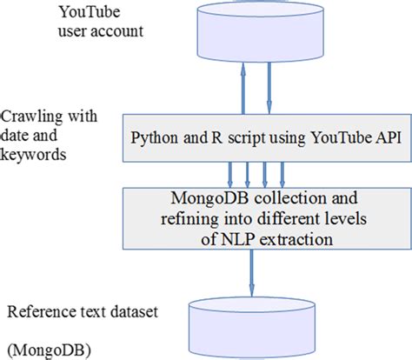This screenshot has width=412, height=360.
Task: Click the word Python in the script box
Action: (154, 137)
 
